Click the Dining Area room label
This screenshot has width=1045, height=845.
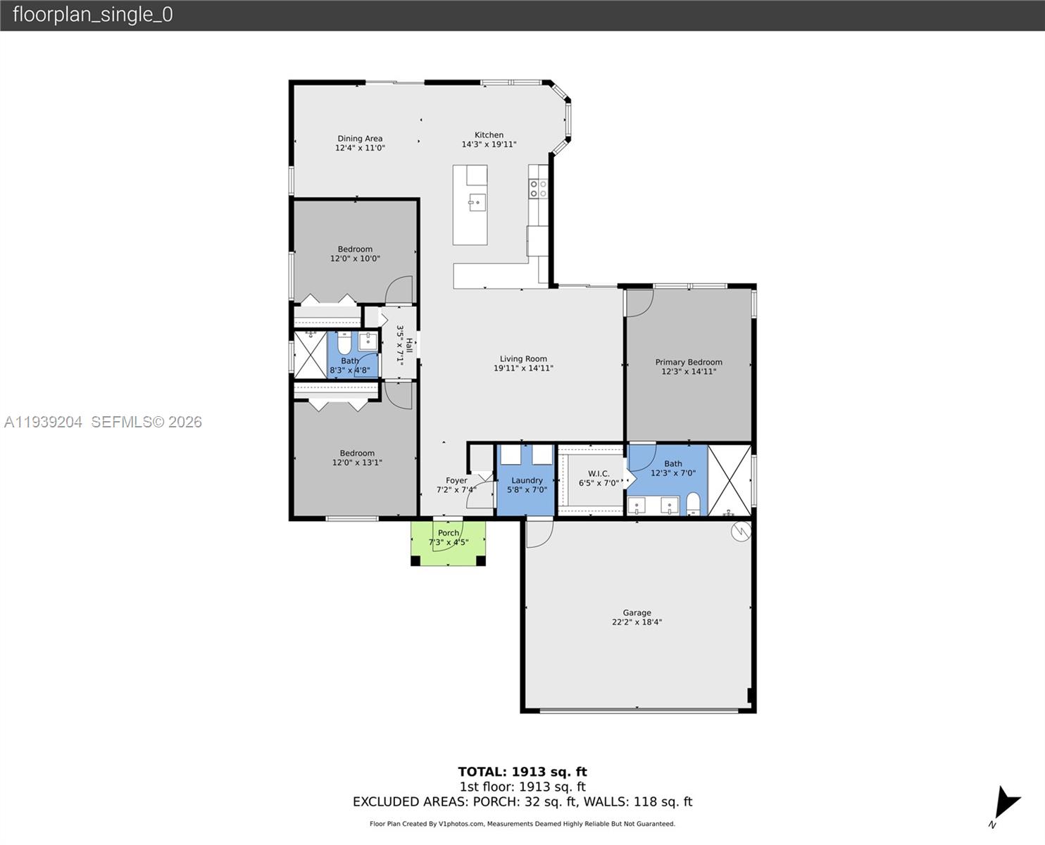click(x=360, y=139)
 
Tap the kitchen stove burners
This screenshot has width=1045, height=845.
click(x=538, y=189)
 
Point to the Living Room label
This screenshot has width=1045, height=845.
click(x=523, y=359)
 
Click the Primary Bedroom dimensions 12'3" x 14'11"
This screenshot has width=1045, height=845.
click(x=688, y=372)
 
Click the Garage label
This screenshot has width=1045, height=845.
click(x=637, y=613)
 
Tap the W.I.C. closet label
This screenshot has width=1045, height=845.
click(x=599, y=474)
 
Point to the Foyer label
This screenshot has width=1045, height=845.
click(x=456, y=481)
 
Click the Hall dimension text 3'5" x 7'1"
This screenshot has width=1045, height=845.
click(x=399, y=345)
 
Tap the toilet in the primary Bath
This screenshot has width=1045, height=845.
click(x=693, y=503)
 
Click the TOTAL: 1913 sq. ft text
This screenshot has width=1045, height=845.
click(x=522, y=772)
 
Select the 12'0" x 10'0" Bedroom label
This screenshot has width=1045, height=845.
click(x=355, y=254)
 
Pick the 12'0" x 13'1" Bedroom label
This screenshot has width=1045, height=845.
click(x=357, y=458)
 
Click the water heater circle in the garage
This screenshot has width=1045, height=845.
click(x=741, y=532)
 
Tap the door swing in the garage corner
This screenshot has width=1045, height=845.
click(x=539, y=533)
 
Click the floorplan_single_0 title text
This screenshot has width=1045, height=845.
click(x=93, y=15)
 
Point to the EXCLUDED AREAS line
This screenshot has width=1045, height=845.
click(x=522, y=802)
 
